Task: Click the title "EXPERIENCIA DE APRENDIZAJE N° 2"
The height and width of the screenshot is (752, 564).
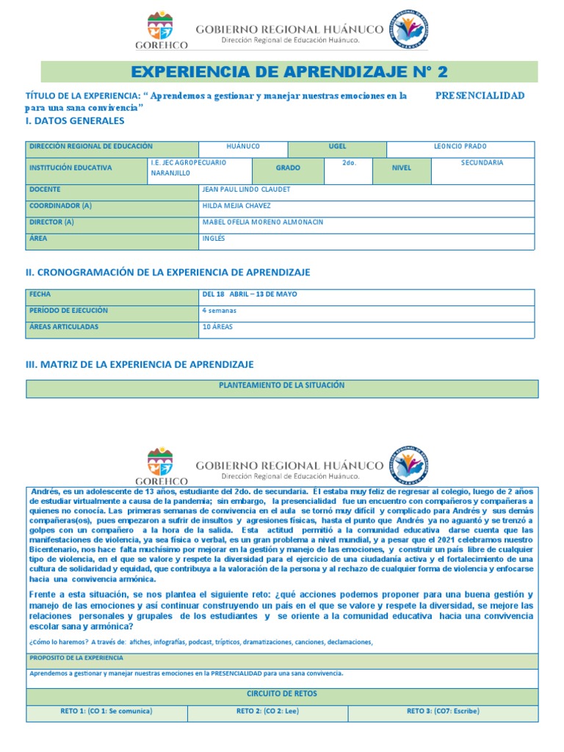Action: click(x=289, y=72)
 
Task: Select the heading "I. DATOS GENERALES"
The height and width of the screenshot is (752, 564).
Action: click(x=75, y=120)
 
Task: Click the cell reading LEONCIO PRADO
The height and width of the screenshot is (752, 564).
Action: click(x=460, y=147)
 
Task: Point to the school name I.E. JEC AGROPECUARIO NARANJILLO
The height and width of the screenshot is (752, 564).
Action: click(x=188, y=167)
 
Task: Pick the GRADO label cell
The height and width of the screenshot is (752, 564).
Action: click(x=288, y=168)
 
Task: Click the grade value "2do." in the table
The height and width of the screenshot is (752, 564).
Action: click(x=349, y=163)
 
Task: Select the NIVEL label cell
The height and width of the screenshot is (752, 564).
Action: click(x=401, y=168)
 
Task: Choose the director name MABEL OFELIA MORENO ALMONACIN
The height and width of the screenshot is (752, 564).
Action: click(x=262, y=223)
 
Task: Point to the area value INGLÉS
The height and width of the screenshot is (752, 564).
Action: click(x=214, y=239)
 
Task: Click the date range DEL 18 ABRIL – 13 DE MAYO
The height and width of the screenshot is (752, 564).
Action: click(x=250, y=294)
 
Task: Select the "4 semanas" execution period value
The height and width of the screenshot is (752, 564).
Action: click(x=220, y=311)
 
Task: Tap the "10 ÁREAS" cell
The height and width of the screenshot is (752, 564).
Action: click(x=217, y=327)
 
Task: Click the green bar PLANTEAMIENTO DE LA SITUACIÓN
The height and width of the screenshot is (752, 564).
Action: click(x=282, y=386)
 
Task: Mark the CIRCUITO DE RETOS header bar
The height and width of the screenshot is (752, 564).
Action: click(x=282, y=694)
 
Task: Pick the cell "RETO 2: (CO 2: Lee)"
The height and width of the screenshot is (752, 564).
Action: click(x=267, y=712)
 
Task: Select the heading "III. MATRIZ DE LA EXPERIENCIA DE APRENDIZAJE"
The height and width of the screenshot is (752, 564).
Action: click(x=140, y=364)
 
